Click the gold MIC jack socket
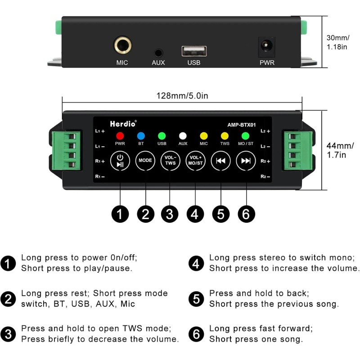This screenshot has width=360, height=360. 122,46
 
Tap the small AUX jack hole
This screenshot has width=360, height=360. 158,53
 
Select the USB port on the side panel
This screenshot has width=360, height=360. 194,51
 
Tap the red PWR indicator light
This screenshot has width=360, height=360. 120,135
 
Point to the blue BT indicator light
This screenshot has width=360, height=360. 141,135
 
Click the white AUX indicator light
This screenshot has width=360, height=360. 183,135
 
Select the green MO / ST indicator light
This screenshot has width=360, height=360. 245,135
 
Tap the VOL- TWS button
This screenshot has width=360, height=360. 170,160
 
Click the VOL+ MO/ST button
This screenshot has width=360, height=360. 196,160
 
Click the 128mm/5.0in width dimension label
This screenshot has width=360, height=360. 182,95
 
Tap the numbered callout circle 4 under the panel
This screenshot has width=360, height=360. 194,214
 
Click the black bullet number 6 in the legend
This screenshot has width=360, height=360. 195,334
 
